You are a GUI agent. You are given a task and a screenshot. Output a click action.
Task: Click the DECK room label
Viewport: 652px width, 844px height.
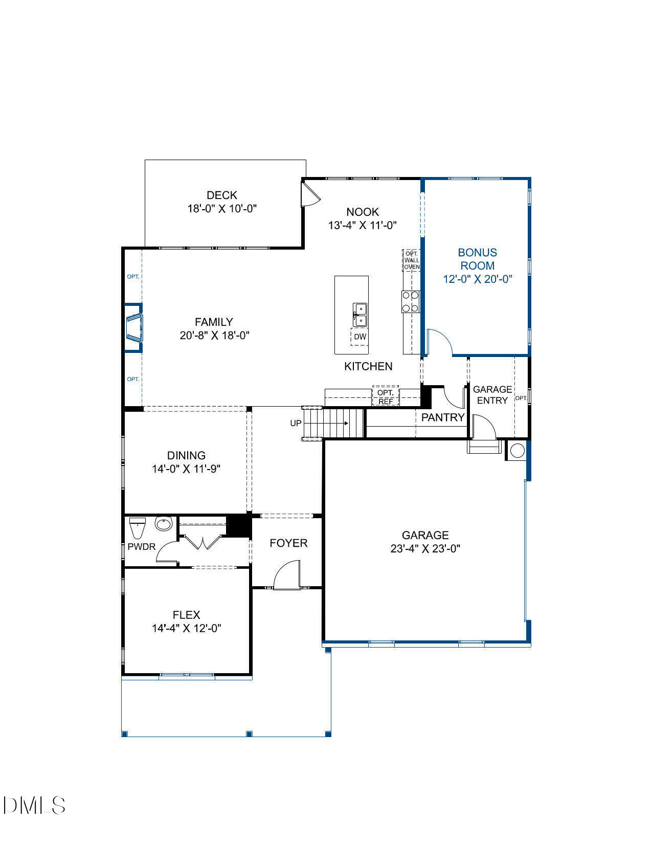coord(222,195)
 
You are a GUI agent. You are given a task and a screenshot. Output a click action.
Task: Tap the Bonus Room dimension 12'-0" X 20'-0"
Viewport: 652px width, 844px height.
coord(477,279)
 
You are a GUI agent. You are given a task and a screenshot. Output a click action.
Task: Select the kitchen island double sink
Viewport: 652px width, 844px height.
coord(360,314)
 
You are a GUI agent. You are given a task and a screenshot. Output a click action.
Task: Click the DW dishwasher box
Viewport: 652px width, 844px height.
coord(360,337)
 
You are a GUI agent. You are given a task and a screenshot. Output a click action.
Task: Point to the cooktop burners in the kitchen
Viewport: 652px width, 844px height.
coord(410,301)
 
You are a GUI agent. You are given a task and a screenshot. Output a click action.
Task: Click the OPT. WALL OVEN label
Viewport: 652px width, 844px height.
coord(412,260)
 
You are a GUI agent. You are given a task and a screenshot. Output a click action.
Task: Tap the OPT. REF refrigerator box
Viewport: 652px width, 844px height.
coord(386,397)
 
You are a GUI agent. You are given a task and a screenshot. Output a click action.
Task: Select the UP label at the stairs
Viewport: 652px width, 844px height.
coord(296,423)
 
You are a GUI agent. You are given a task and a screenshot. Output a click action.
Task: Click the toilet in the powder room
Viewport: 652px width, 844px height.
coord(138,525)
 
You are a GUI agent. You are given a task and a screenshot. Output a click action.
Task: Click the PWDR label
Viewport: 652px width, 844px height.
coord(141,546)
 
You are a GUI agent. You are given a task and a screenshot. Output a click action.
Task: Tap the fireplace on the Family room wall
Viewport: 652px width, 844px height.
coord(134,327)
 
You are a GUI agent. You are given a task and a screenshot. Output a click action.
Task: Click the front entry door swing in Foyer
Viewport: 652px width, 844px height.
coord(286,575)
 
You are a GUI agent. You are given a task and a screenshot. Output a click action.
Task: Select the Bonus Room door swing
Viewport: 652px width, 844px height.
coord(440,342)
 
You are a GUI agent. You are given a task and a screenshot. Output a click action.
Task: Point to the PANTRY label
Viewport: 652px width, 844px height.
coord(442,417)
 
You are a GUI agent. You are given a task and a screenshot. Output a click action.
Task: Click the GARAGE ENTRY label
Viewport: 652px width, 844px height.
coord(492,395)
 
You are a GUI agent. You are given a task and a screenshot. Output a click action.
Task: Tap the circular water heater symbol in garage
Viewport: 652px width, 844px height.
coord(518,450)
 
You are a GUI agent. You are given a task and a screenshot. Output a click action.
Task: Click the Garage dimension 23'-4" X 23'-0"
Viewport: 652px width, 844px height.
coord(425,548)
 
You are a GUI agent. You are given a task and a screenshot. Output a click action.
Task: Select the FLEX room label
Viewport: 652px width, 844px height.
coord(186,615)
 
